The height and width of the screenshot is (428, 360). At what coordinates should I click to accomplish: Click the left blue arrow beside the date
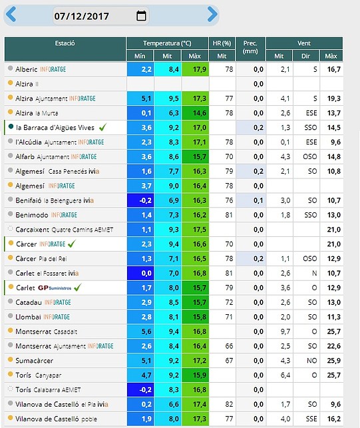pos(11,14)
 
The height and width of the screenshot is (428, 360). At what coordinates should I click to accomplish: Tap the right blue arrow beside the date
pos(212,14)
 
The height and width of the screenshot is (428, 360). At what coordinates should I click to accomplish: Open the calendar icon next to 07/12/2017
pos(141,15)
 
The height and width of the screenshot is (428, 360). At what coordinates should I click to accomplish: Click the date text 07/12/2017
pos(81,16)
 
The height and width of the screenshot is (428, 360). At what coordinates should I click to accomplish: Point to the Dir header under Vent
pos(305,56)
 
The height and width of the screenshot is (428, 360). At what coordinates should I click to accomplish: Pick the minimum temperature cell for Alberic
pos(140,69)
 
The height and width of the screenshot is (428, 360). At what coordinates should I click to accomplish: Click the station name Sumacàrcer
pos(35,361)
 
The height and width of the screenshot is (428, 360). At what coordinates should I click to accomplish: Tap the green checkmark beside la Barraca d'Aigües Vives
pos(103,127)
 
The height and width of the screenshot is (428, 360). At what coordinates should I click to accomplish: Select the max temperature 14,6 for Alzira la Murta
pos(195,113)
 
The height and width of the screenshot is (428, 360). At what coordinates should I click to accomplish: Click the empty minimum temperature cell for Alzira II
pos(140,84)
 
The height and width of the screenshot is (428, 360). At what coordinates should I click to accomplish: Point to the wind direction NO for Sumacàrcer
pos(311,361)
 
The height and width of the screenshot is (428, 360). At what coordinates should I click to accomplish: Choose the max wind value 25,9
pos(334,361)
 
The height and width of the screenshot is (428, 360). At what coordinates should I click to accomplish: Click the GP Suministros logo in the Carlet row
pos(55,288)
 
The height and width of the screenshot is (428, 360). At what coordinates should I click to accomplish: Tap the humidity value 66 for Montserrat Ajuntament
pos(229,346)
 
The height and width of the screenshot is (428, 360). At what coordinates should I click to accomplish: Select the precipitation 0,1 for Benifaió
pos(258,200)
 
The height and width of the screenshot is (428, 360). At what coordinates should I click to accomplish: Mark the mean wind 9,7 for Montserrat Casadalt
pos(285,331)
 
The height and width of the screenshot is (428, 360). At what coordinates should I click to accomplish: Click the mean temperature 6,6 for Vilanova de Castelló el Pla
pos(174,404)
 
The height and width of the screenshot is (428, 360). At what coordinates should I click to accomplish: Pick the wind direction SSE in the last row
pos(311,419)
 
